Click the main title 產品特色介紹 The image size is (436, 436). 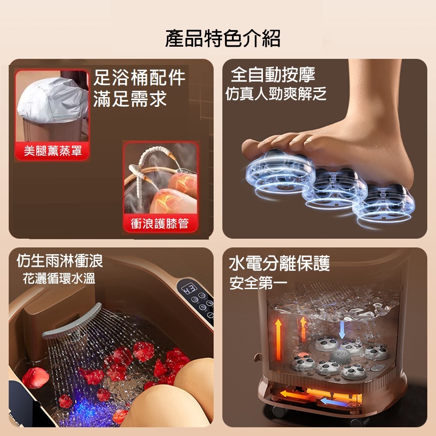[x=223, y=38]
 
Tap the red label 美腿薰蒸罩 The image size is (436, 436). [x=53, y=151]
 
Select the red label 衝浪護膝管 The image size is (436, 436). [x=160, y=223]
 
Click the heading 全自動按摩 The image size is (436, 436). [x=273, y=75]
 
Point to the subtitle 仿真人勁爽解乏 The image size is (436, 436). [x=276, y=94]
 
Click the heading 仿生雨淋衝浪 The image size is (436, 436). [x=60, y=261]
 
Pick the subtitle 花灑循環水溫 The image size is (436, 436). [x=59, y=278]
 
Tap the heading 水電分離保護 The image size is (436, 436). [x=279, y=263]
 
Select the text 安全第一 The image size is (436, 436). [x=258, y=283]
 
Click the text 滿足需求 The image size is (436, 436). [x=130, y=99]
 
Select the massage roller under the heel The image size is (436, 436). [x=384, y=202]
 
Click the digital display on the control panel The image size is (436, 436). [x=189, y=288]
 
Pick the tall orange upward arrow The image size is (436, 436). [x=278, y=339]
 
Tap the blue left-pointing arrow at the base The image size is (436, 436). [x=333, y=402]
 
